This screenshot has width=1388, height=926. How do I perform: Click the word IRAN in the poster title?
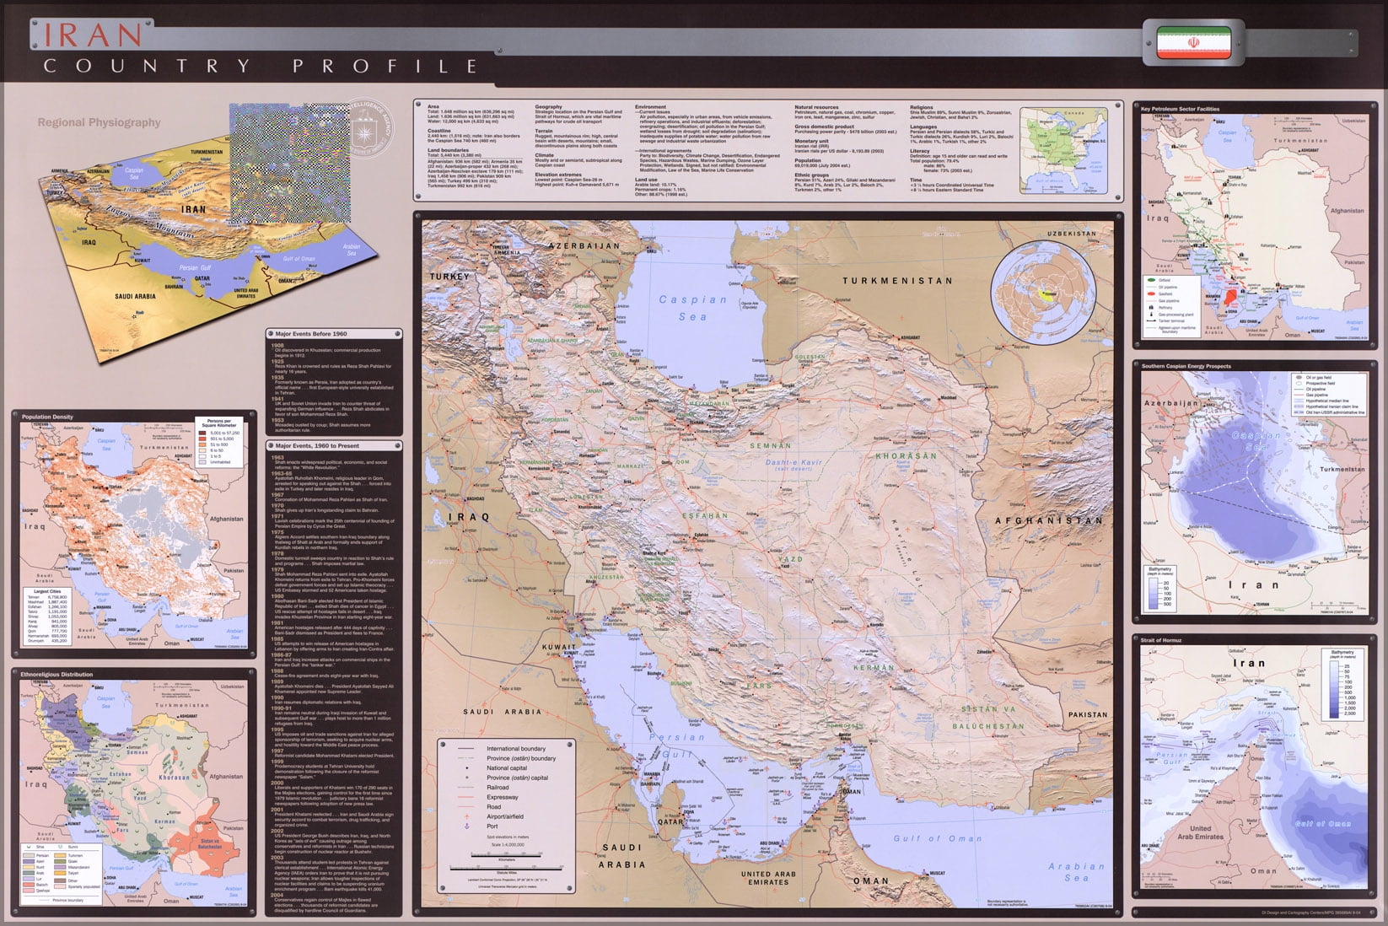pyautogui.click(x=94, y=35)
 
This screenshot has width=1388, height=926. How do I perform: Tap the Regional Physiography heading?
pyautogui.click(x=99, y=122)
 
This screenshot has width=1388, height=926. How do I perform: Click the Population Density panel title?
pyautogui.click(x=47, y=417)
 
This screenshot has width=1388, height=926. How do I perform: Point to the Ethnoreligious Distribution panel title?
pyautogui.click(x=56, y=675)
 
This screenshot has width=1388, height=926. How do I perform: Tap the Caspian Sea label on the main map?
pyautogui.click(x=692, y=308)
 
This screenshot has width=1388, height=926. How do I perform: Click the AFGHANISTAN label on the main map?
pyautogui.click(x=1048, y=520)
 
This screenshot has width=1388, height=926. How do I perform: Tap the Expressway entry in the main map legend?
pyautogui.click(x=503, y=797)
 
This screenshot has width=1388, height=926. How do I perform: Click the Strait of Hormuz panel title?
pyautogui.click(x=1161, y=641)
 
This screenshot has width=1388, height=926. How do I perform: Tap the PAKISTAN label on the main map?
pyautogui.click(x=1087, y=714)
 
